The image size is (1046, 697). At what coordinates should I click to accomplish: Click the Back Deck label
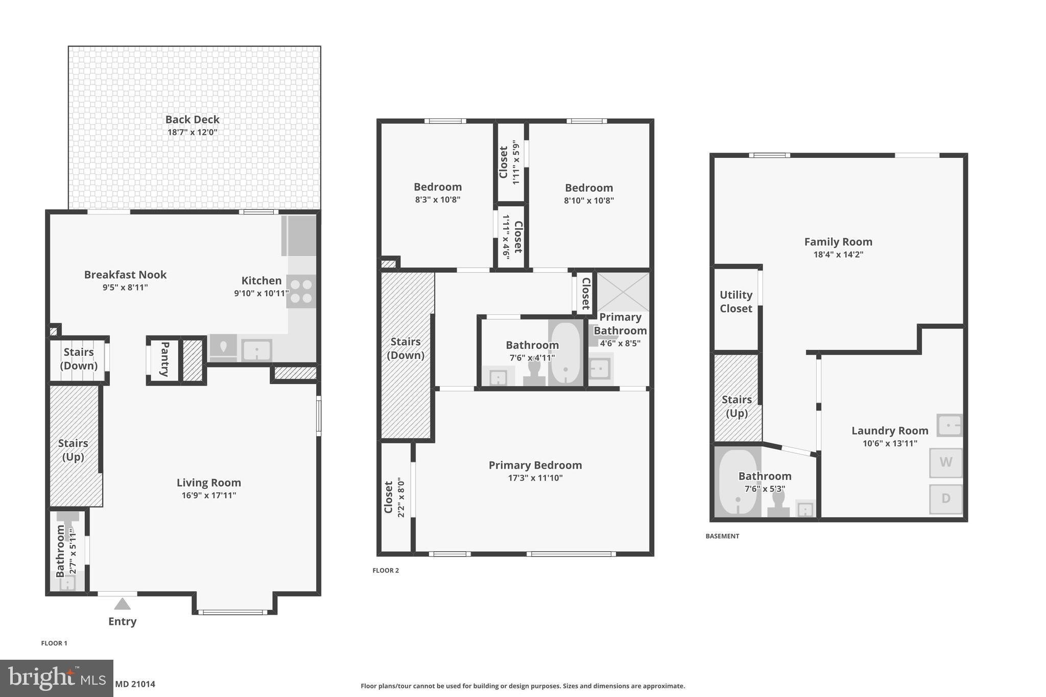(x=192, y=119)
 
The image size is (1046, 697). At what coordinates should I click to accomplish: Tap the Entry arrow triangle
(x=122, y=604)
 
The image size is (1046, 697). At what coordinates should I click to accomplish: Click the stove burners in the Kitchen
(x=301, y=291)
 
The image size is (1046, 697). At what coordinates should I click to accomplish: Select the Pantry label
(x=165, y=359)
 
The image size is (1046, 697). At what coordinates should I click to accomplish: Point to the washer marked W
(x=945, y=463)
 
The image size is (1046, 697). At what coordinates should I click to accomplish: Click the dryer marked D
(x=945, y=499)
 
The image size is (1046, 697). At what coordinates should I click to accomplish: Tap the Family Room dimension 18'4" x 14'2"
(x=838, y=254)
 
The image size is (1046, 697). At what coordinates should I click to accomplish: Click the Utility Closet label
(x=735, y=301)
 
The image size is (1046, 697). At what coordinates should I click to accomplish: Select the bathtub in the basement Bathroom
(x=738, y=483)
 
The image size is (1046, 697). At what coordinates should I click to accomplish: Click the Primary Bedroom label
(x=535, y=465)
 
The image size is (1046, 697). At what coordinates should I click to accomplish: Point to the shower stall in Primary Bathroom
(x=623, y=292)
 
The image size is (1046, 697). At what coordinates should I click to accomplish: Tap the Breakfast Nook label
(x=125, y=275)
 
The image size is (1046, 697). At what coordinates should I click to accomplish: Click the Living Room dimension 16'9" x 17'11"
(x=208, y=495)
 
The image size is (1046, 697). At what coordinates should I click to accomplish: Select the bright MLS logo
(x=56, y=679)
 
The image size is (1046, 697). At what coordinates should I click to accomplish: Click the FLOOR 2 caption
(x=386, y=570)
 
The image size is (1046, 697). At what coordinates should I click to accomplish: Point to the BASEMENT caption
(x=722, y=536)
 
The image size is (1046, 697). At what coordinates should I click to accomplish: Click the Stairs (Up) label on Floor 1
(x=73, y=450)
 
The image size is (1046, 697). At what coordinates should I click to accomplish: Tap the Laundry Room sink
(x=949, y=425)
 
